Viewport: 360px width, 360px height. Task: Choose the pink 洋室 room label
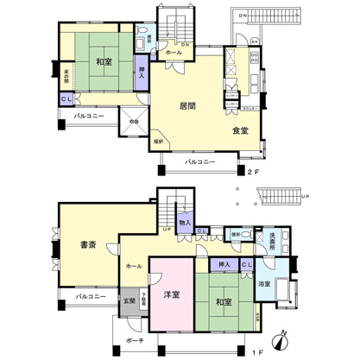171,295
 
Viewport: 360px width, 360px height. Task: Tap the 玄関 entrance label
129,300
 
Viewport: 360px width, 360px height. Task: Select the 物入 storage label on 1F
185,223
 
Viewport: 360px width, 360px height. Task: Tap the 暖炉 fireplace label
158,140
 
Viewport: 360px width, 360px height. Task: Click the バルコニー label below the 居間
200,161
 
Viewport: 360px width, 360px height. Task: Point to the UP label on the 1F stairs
165,231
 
